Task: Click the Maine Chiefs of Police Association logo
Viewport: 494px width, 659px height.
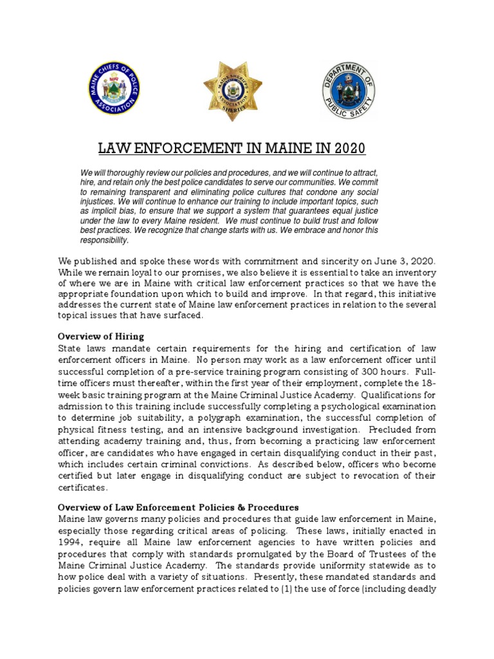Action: (x=116, y=87)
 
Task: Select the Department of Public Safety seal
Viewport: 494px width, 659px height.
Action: (x=349, y=88)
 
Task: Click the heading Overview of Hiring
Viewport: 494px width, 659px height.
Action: (x=101, y=337)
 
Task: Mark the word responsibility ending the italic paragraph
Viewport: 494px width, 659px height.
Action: (x=104, y=241)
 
